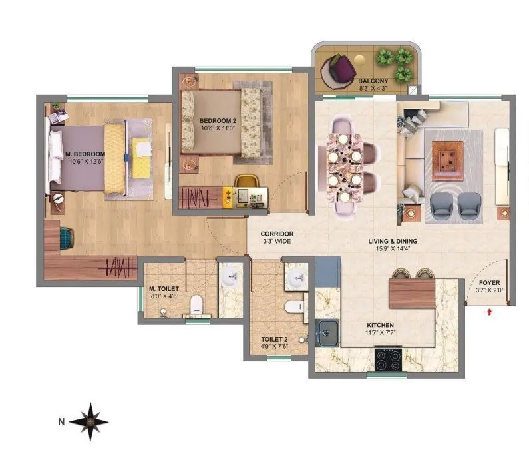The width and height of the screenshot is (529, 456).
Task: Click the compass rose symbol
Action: (x=88, y=420)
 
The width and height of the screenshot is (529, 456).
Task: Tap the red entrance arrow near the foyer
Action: (x=490, y=310)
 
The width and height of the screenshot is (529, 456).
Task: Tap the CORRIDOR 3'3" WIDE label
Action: (x=277, y=238)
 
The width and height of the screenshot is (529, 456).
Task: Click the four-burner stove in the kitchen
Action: (x=388, y=360)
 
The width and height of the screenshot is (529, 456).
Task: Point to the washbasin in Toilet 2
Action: (x=295, y=277)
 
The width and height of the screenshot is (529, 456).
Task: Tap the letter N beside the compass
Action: (x=61, y=421)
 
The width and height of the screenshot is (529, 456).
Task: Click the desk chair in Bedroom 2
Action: (x=246, y=182)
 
